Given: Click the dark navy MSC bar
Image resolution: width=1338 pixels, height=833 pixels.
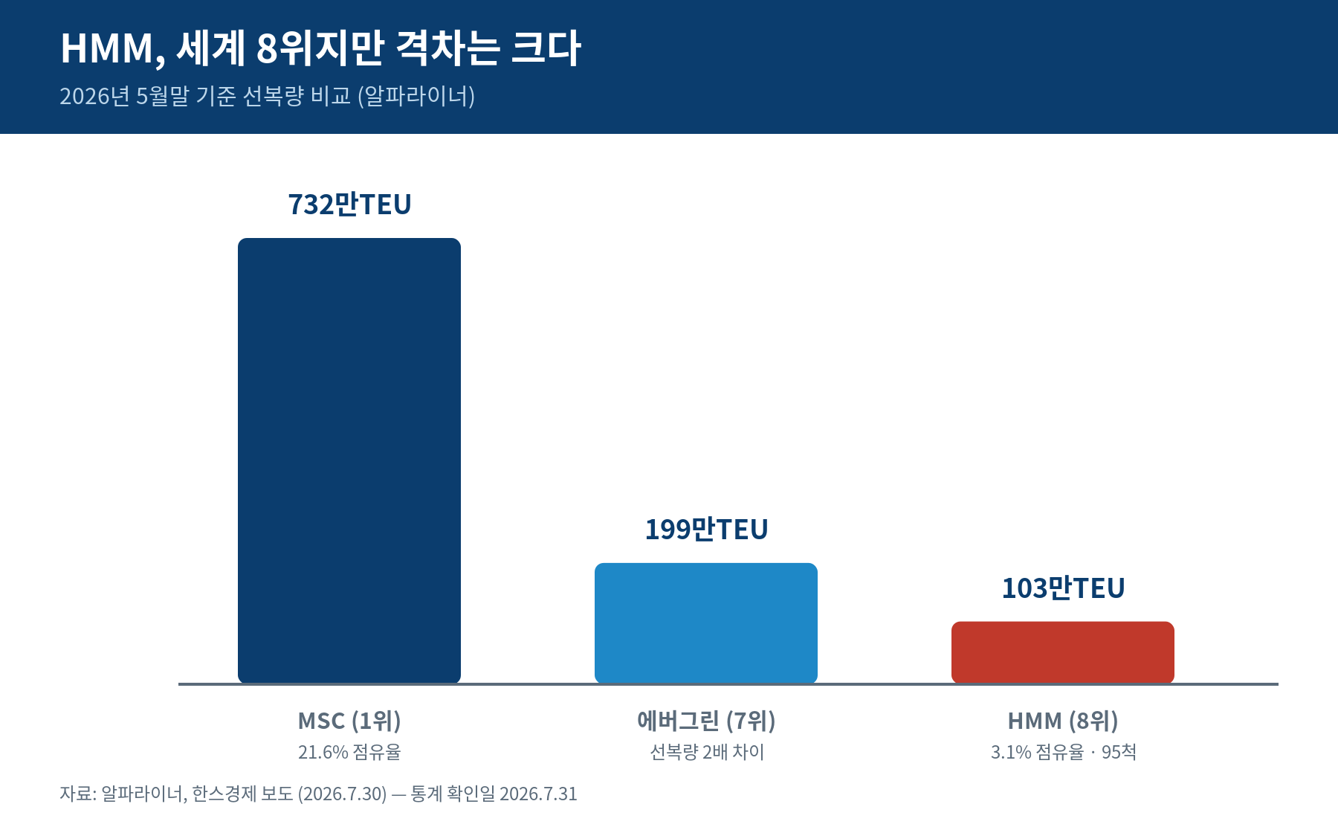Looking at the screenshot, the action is (x=349, y=460).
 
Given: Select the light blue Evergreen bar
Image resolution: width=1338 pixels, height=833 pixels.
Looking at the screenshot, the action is (x=706, y=623).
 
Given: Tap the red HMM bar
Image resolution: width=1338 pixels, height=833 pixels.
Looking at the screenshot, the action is (x=1063, y=652).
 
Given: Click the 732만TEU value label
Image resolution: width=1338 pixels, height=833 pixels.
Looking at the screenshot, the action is (x=349, y=205).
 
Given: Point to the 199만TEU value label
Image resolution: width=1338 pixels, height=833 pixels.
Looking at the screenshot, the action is (x=706, y=530).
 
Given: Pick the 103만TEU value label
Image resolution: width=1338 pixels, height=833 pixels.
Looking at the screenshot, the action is (x=1063, y=588).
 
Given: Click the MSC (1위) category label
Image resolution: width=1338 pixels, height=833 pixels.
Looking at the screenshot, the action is (x=349, y=721).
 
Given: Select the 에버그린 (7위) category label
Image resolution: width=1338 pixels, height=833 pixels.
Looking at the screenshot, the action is (x=706, y=721).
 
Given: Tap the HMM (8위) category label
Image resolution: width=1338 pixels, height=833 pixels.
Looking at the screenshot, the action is (x=1063, y=721).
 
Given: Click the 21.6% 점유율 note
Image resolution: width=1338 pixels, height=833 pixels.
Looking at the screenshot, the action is (x=349, y=752).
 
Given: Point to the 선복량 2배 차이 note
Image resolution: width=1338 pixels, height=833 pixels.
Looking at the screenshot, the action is (x=707, y=752).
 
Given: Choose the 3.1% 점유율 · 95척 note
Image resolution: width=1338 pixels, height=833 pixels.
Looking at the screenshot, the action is (x=1063, y=752).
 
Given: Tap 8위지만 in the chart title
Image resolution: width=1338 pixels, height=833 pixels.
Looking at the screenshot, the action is (x=320, y=48).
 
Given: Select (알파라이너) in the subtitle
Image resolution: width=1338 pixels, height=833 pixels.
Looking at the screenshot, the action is (x=416, y=96).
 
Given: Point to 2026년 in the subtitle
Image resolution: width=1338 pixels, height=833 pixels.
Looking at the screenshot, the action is (x=95, y=96).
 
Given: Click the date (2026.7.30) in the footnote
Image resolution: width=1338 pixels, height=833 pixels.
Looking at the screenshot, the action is (x=343, y=794).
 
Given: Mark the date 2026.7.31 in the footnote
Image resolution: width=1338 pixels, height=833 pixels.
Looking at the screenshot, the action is (x=538, y=794).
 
